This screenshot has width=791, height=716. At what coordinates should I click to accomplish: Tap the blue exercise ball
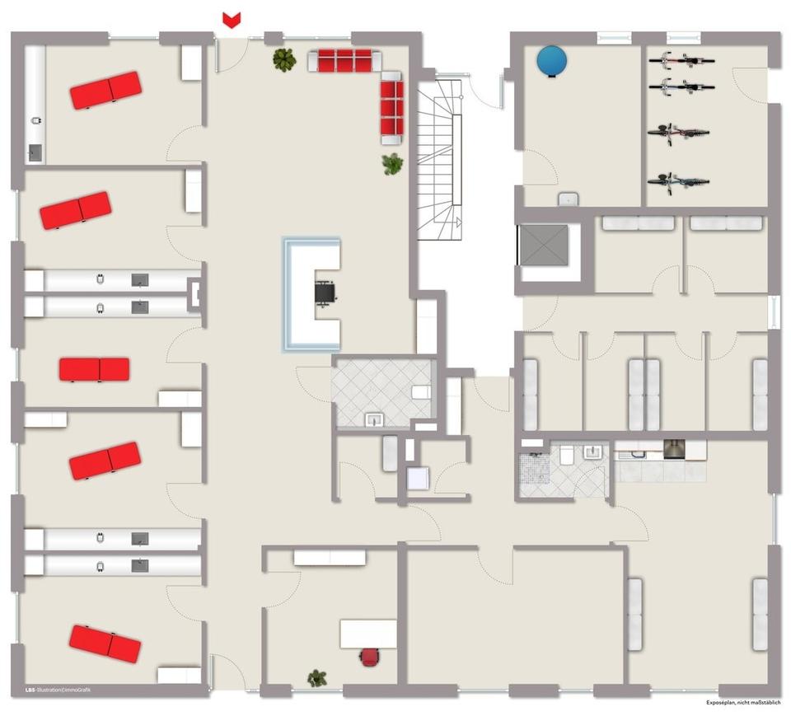(552, 61)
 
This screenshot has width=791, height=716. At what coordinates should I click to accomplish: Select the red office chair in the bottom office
(370, 656)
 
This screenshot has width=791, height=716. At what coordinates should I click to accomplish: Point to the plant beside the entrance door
(284, 59)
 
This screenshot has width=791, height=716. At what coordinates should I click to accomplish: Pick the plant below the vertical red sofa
(393, 164)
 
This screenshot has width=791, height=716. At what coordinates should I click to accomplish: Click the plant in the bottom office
(317, 678)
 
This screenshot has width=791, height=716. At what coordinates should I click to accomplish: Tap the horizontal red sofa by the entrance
(344, 60)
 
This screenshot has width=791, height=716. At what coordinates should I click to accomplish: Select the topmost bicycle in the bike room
(681, 59)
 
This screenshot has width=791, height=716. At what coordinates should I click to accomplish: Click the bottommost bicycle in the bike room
(679, 180)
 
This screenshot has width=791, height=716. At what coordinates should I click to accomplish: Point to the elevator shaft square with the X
(544, 245)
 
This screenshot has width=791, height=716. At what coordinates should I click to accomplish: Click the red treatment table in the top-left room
(106, 90)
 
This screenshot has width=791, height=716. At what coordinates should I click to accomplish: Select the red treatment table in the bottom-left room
(105, 643)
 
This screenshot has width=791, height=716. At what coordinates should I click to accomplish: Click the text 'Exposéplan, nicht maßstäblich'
(742, 703)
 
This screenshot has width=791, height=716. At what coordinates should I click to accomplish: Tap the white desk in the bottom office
(368, 634)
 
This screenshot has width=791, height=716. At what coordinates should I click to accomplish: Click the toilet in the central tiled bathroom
(421, 391)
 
